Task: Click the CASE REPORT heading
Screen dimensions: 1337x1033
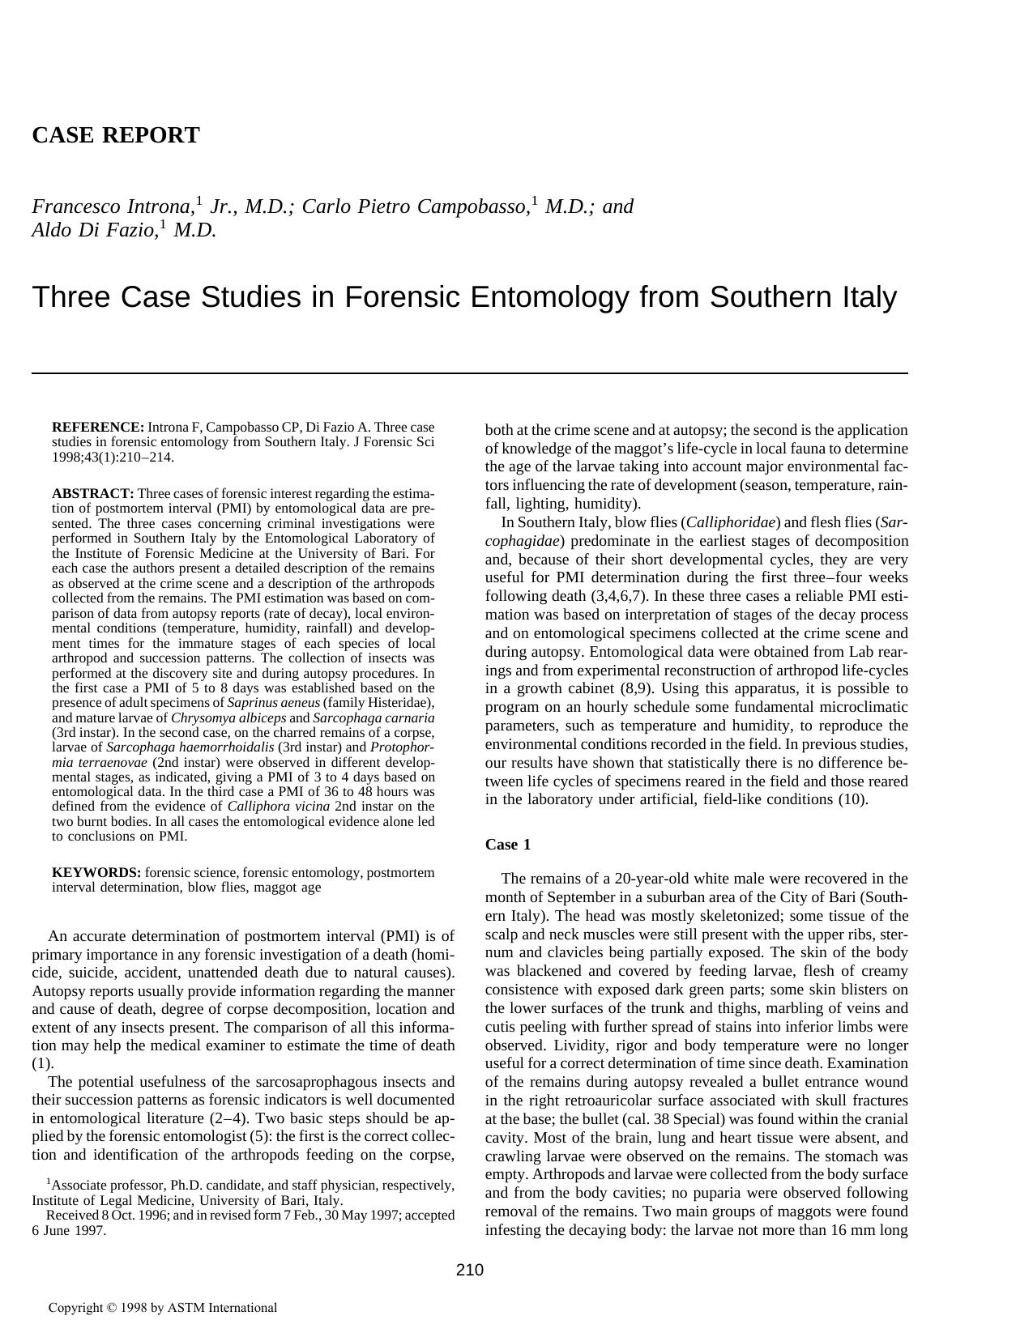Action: [x=115, y=135]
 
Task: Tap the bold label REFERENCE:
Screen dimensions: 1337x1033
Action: [x=97, y=427]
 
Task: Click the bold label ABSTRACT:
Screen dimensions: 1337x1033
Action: [x=92, y=493]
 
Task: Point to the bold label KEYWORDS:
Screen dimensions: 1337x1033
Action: [x=96, y=872]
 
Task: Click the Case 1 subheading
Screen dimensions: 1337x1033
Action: [x=507, y=845]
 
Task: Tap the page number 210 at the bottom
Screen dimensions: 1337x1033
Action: [x=469, y=1270]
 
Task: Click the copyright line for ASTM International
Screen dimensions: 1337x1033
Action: [x=162, y=1307]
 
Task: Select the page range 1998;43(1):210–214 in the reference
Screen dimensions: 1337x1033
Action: [x=113, y=457]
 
